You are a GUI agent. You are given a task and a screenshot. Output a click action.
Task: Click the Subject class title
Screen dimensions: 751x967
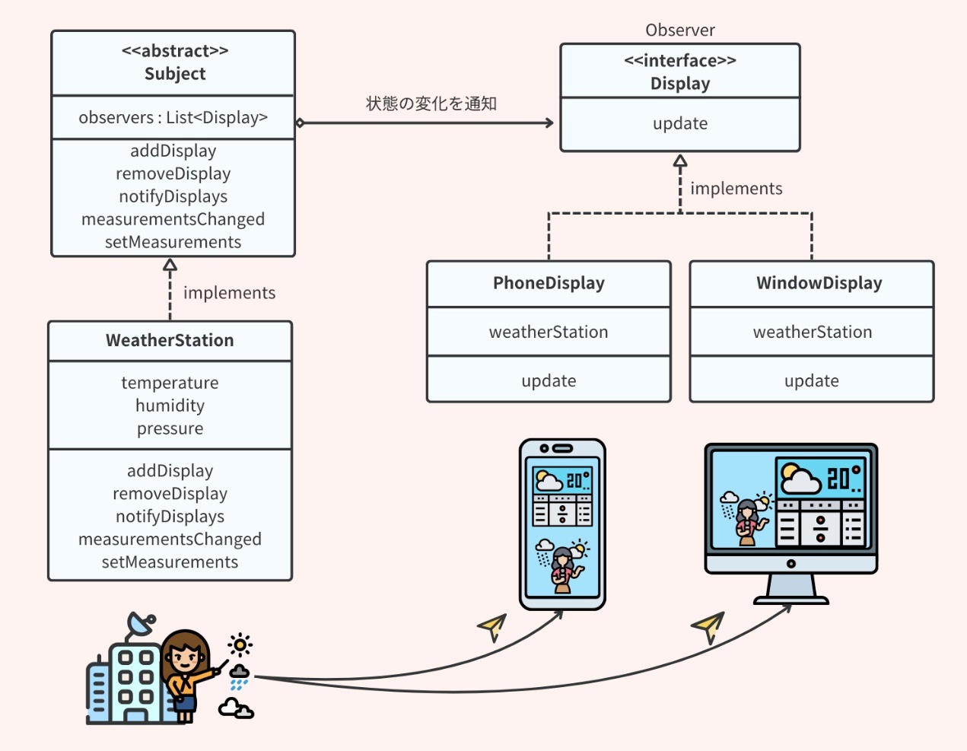click(175, 74)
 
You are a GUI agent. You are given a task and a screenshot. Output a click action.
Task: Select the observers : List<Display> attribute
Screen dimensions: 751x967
click(173, 118)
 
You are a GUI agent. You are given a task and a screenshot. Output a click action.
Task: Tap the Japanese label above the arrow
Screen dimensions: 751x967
click(431, 103)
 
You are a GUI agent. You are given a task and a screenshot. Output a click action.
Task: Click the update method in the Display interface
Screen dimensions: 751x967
click(679, 124)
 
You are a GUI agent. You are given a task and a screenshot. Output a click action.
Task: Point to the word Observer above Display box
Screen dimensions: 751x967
click(679, 30)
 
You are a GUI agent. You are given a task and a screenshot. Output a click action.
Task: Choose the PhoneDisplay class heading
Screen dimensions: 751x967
click(549, 283)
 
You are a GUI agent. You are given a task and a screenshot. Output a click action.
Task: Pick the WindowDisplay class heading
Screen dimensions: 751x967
click(819, 283)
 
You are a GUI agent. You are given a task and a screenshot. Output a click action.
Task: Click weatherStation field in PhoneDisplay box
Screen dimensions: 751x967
click(549, 332)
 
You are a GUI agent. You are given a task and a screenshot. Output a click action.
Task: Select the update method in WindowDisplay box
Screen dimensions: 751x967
click(811, 380)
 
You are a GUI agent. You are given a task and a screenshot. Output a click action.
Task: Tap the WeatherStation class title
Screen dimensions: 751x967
click(170, 340)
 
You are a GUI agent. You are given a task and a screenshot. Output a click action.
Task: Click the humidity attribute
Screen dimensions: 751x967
click(170, 406)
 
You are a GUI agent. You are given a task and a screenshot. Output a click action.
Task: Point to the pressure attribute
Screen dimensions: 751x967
click(170, 428)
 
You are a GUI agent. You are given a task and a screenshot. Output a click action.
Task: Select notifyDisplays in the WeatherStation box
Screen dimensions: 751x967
click(170, 517)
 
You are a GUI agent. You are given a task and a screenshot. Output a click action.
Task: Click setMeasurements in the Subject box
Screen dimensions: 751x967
click(173, 242)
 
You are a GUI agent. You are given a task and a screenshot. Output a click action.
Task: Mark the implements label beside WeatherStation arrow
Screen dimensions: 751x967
click(229, 293)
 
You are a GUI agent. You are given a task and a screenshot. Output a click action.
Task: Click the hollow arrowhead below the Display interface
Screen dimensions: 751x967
click(680, 161)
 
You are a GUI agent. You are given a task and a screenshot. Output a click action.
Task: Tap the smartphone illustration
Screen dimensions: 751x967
click(562, 524)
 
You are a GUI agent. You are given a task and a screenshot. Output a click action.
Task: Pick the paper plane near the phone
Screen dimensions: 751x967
click(493, 626)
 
